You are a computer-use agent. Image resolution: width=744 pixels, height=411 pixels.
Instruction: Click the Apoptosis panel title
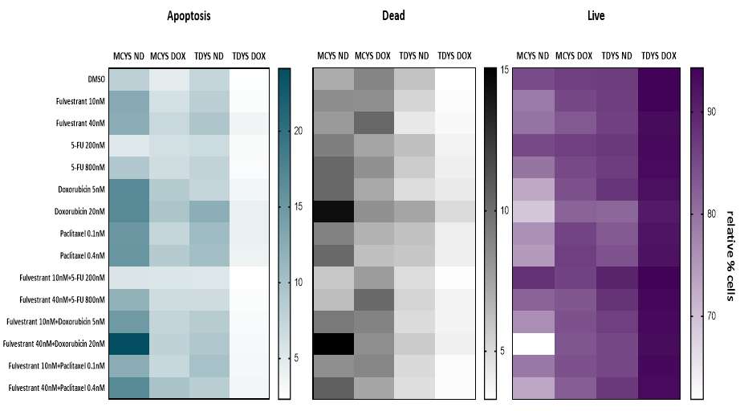(189, 15)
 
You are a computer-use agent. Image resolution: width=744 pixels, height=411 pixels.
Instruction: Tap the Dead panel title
(393, 15)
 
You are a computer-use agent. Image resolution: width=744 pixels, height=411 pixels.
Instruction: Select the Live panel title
(596, 15)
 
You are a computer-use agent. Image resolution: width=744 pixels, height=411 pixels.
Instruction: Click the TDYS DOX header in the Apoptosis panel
(250, 56)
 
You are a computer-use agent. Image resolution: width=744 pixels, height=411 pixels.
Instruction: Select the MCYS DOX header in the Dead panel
(373, 56)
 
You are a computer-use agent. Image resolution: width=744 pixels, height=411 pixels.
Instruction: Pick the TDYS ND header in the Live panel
(617, 56)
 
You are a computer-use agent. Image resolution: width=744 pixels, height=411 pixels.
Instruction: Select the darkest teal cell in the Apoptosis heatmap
(128, 343)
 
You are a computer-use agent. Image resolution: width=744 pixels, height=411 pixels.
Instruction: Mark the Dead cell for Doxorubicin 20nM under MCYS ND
(332, 211)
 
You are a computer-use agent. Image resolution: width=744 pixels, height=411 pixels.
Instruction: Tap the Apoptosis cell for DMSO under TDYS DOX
(250, 79)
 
